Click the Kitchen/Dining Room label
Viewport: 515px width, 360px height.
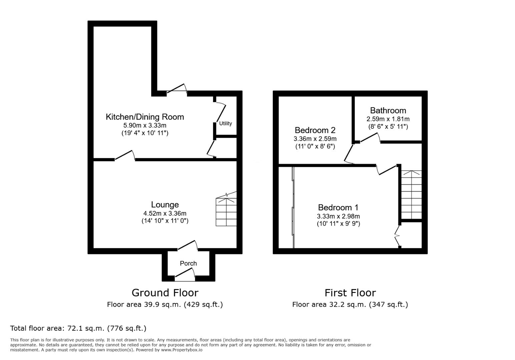point(145,117)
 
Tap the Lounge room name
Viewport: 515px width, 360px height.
point(165,205)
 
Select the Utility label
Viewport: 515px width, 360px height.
point(225,123)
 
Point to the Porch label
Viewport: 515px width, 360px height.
point(188,263)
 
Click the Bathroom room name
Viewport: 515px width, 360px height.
point(388,110)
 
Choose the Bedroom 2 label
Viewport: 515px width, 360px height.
point(315,130)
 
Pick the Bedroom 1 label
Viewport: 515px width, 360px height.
point(338,208)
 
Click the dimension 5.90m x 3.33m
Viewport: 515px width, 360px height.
point(145,126)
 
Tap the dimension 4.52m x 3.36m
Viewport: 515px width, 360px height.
point(165,213)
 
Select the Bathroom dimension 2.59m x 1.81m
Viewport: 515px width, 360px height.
point(388,119)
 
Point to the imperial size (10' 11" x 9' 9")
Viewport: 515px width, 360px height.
point(338,224)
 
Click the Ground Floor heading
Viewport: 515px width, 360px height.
point(165,293)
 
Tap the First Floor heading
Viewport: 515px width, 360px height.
point(350,293)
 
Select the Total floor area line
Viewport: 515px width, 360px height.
point(78,328)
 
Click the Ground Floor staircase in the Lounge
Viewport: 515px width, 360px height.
point(226,212)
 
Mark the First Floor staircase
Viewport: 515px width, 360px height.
point(411,195)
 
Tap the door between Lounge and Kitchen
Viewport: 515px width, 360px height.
point(125,156)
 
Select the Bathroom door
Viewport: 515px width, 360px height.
point(370,138)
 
